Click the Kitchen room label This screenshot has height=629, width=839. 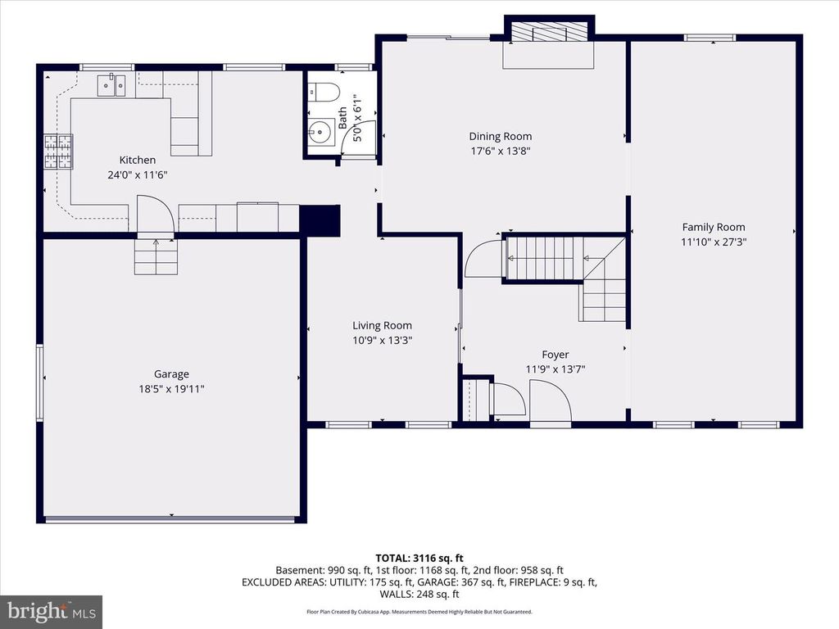coord(137,160)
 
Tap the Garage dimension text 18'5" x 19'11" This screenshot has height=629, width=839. coord(171,389)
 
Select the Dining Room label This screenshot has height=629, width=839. coord(500,136)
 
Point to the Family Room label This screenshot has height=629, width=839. coord(714,227)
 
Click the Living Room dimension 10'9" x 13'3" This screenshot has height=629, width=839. coord(382,340)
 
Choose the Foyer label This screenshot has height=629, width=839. coord(555,355)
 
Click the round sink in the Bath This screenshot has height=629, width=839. coord(320,130)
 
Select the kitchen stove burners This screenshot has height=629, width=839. coord(57,152)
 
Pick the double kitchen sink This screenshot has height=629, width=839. coord(111,84)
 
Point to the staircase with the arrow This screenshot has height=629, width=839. coord(545,258)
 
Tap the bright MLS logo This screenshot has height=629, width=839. coord(51,611)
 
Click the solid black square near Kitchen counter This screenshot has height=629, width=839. coord(320,220)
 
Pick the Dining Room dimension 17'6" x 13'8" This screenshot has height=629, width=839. coord(500,151)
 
